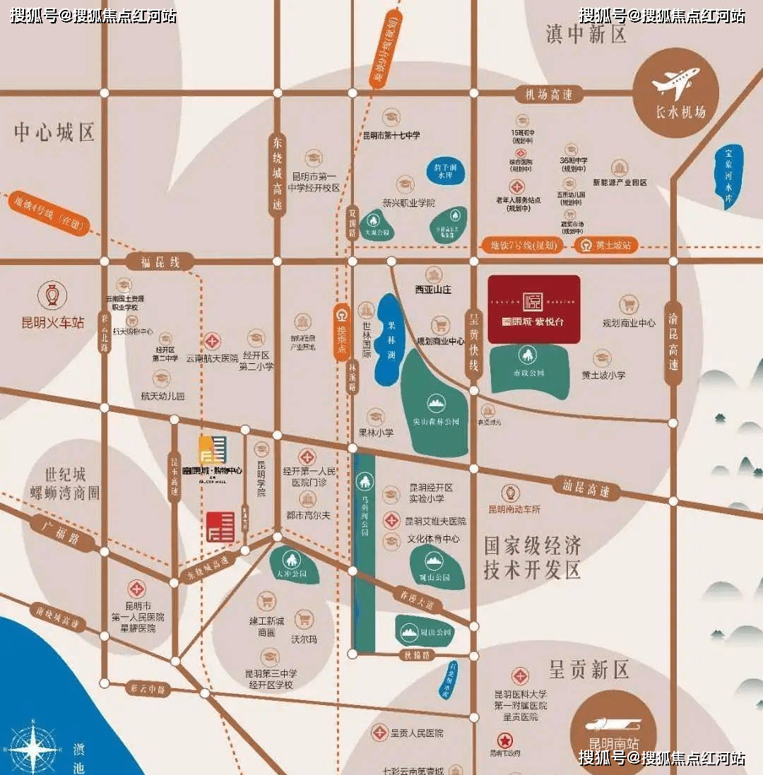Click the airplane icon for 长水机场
[675, 83]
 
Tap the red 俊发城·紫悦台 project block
[534, 309]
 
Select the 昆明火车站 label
[53, 322]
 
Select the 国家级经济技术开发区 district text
[533, 556]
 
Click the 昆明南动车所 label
[514, 509]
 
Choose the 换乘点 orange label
[341, 331]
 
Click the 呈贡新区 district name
[588, 668]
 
